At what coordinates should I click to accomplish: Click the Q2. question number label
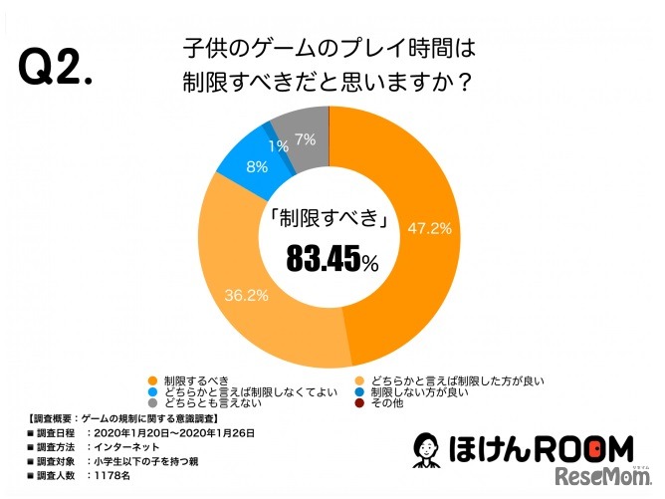point(56,67)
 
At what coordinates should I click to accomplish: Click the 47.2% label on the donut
point(430,228)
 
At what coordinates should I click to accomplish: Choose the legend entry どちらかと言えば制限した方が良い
point(462,380)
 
